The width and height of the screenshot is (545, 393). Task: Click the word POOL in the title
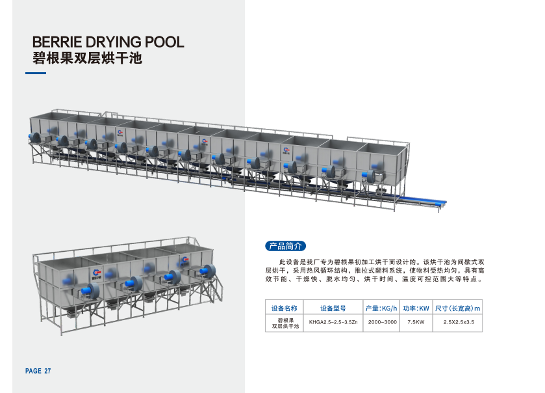coord(164,42)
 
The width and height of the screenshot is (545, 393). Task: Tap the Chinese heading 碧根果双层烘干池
coord(87,58)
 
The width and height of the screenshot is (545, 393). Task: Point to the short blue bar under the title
coord(36,73)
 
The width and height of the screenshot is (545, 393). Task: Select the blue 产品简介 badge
coord(285,246)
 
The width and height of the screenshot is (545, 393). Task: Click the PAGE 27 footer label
coord(38,371)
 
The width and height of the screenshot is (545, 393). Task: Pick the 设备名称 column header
coord(285,308)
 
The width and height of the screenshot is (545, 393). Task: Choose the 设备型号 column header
coord(333,308)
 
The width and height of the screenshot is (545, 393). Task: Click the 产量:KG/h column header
coord(381,308)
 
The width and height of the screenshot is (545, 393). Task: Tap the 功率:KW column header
coord(416,308)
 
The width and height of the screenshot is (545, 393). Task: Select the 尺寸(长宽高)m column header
coord(457,308)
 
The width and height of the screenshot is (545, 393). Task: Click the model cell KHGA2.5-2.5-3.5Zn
coord(333,322)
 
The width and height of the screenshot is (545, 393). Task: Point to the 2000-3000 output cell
coord(383,322)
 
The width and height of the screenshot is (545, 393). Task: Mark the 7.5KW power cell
coord(416,322)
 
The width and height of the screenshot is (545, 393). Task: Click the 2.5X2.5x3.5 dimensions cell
coord(459,322)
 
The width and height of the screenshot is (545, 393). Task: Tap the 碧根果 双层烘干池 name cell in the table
coord(285,323)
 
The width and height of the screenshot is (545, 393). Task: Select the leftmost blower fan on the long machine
coord(34,137)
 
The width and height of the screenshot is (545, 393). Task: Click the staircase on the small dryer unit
coord(215,286)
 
